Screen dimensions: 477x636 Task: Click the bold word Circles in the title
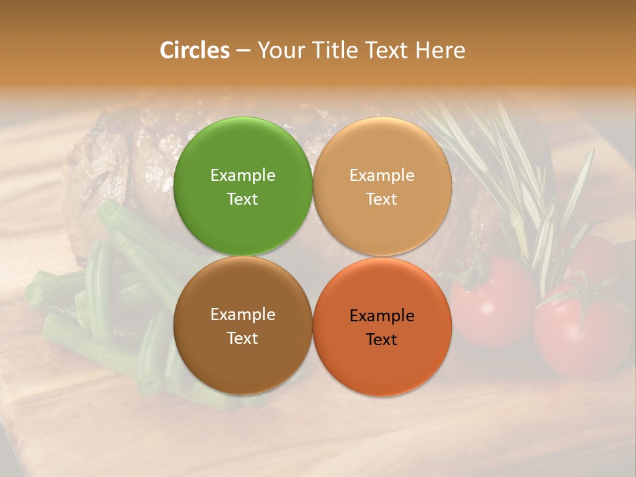tap(195, 50)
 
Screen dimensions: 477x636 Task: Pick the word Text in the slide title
tap(388, 50)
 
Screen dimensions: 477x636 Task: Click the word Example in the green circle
tap(242, 176)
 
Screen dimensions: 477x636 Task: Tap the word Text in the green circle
tap(242, 199)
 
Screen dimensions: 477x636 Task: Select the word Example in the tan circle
tap(382, 176)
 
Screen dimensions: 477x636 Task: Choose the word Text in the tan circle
tap(382, 199)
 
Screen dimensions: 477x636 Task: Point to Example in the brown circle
tap(242, 315)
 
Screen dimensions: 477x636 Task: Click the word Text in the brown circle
tap(242, 339)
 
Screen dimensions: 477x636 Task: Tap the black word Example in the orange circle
tap(382, 316)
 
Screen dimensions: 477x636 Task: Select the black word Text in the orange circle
tap(382, 340)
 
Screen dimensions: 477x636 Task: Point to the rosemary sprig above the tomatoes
tap(523, 179)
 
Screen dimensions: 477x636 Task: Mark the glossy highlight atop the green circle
tap(242, 132)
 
